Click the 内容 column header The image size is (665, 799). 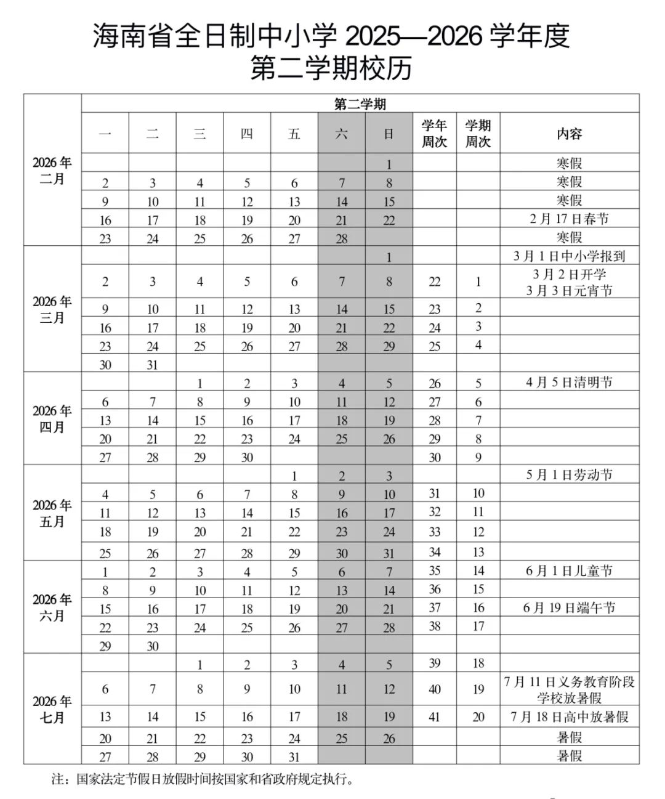click(569, 133)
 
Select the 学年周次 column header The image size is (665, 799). click(434, 133)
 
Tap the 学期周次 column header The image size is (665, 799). click(478, 133)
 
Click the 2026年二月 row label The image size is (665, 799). click(52, 171)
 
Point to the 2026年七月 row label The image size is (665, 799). click(52, 709)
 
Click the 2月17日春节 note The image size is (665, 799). click(569, 219)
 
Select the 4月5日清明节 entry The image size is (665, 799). click(569, 382)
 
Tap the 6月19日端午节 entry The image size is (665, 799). click(569, 608)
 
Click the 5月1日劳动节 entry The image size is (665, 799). click(569, 475)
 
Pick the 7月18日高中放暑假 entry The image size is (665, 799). click(569, 716)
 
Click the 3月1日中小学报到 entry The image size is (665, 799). click(569, 256)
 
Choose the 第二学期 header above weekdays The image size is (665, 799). click(360, 103)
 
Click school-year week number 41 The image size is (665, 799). click(435, 716)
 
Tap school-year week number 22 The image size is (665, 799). click(435, 282)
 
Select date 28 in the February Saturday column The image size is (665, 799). click(342, 238)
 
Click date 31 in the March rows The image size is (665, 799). click(153, 365)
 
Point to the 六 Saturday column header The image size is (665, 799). click(342, 133)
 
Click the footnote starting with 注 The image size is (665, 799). click(203, 780)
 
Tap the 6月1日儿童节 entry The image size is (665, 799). click(569, 571)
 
